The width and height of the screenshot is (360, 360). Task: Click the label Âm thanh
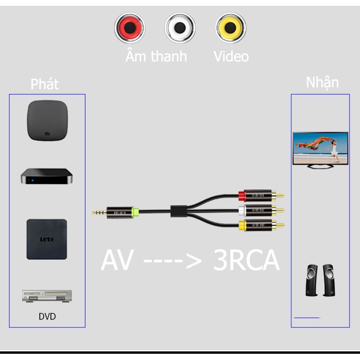[x=156, y=56]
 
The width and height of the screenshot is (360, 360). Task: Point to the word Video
[x=231, y=56]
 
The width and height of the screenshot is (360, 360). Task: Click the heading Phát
[x=45, y=84]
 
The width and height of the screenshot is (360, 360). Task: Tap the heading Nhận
[x=322, y=82]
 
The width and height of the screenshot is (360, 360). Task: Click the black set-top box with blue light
[x=47, y=176]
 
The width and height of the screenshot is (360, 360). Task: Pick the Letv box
[x=47, y=239]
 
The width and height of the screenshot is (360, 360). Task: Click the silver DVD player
[x=47, y=296]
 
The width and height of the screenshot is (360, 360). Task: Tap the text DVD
[x=47, y=317]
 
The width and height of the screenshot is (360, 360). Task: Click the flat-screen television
[x=320, y=150]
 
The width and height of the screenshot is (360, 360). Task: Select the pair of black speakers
[x=320, y=280]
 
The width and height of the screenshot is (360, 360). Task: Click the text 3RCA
[x=246, y=261]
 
